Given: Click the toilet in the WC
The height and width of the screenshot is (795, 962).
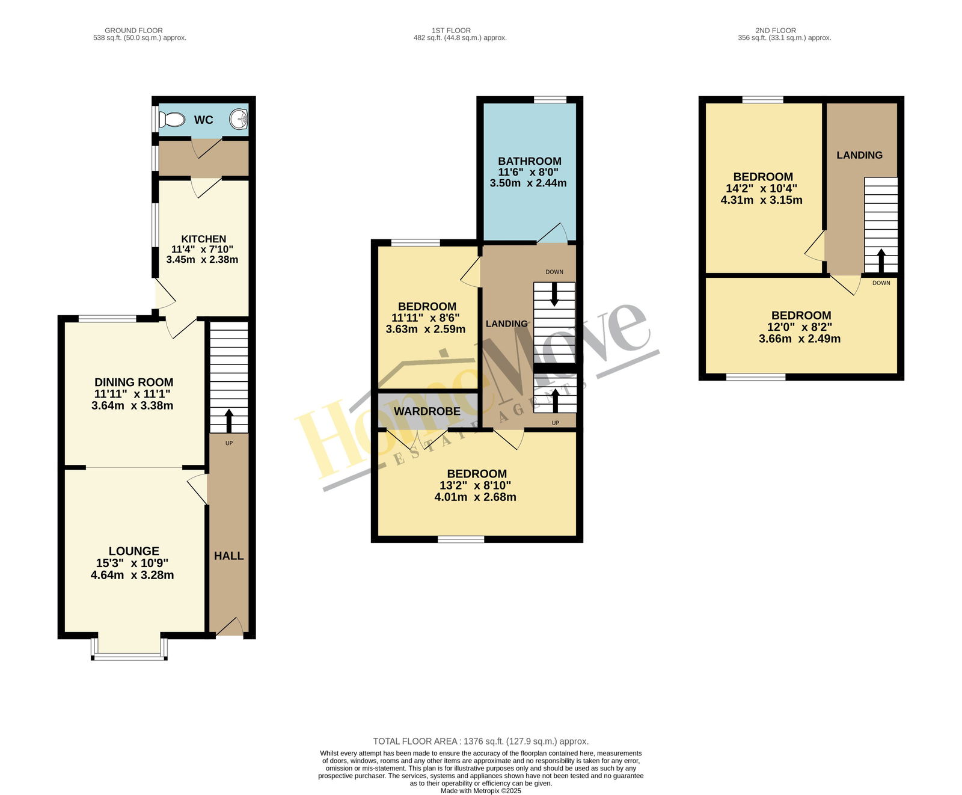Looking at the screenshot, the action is (x=172, y=120).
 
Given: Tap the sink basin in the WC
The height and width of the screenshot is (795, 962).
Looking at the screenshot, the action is (x=240, y=119).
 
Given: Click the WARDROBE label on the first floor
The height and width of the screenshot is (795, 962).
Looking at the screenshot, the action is (x=427, y=411).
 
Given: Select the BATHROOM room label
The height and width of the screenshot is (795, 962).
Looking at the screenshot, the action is (x=530, y=161).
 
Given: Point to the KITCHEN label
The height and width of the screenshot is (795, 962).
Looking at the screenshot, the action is (x=204, y=239).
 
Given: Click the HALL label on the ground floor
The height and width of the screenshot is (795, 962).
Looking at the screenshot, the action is (x=229, y=556).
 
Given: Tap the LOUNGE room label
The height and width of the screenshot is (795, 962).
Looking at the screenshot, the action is (x=134, y=551).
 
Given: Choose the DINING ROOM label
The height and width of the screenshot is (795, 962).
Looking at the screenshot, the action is (x=134, y=382).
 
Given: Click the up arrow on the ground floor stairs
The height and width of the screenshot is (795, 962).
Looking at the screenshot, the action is (x=229, y=422).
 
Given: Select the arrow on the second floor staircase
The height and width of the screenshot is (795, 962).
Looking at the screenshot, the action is (x=881, y=261).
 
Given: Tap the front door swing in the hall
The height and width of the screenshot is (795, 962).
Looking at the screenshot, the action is (x=230, y=627).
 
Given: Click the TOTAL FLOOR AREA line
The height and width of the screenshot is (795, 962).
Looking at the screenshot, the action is (x=481, y=741).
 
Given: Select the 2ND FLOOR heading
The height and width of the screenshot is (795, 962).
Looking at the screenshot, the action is (x=776, y=30).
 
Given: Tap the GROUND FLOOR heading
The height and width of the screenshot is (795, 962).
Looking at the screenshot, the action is (x=133, y=30).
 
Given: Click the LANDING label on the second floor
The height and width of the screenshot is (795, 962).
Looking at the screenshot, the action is (x=860, y=155).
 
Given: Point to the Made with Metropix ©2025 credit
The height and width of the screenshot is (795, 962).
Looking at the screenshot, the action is (x=481, y=791).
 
